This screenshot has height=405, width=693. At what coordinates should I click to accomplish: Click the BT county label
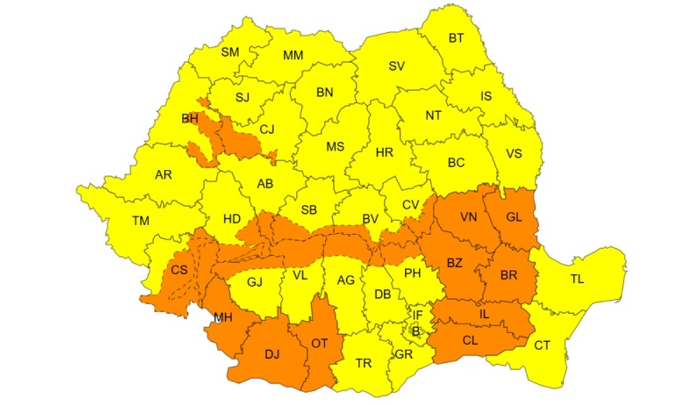coord(456,39)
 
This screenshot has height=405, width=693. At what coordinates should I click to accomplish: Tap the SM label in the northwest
coord(230,52)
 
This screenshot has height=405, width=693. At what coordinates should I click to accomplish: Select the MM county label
coord(293,56)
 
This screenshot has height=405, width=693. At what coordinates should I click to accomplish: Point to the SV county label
coord(397,67)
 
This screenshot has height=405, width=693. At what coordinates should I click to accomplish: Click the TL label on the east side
coord(577,280)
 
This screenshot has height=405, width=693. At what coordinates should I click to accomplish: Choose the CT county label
coord(542,345)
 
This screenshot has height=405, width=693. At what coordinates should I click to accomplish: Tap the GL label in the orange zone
coord(514,218)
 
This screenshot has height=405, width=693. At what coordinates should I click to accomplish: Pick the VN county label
coord(468,218)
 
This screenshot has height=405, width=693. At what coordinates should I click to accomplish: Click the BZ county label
coord(454,263)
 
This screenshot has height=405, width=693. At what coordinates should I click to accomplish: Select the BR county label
coord(509,276)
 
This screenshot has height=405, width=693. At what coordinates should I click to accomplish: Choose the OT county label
coord(319,344)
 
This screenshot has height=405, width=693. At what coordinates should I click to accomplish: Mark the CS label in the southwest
coord(180,270)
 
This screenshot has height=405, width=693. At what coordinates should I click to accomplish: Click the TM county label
coord(141,221)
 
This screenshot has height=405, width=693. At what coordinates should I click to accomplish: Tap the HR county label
coord(384,153)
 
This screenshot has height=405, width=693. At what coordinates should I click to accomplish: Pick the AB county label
coord(265,184)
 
